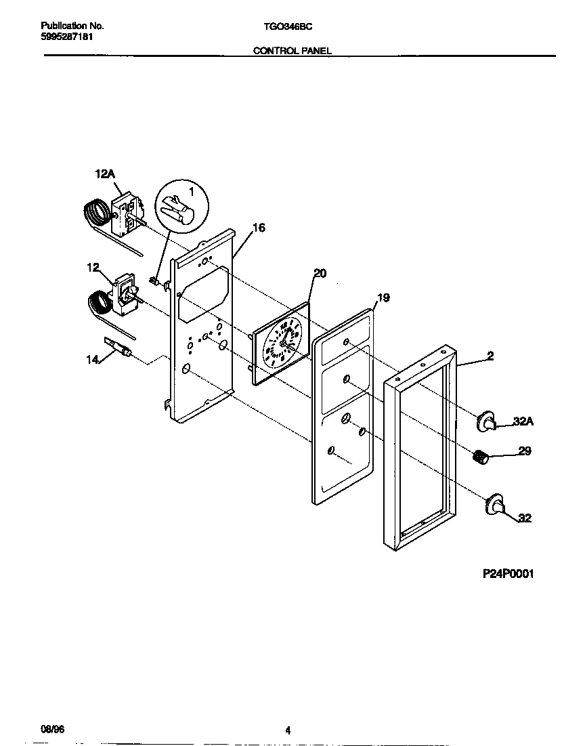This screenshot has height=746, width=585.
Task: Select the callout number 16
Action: tap(259, 228)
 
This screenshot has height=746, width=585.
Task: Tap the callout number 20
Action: tap(320, 273)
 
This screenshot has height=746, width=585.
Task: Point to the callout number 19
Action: tap(383, 297)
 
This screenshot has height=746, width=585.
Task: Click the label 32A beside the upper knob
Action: tap(523, 421)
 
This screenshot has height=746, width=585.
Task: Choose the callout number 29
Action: tap(525, 451)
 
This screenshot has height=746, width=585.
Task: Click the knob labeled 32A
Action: tap(487, 421)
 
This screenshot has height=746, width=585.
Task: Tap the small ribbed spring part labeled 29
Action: tap(480, 458)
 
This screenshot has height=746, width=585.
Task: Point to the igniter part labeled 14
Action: tap(118, 348)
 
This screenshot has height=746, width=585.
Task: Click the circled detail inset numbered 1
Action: tap(182, 208)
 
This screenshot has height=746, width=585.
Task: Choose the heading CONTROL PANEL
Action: tap(292, 50)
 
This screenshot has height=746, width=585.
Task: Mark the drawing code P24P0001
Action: tap(508, 574)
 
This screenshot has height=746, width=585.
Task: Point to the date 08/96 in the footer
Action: tap(51, 730)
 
